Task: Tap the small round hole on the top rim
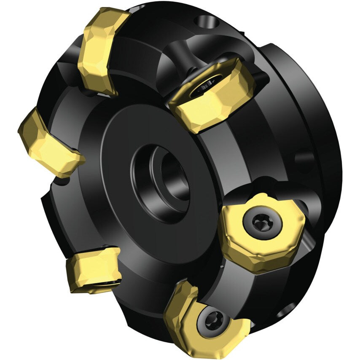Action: pyautogui.click(x=205, y=20)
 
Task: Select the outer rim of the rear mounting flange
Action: pyautogui.click(x=325, y=126)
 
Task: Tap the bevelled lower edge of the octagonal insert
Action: pyautogui.click(x=257, y=255)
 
